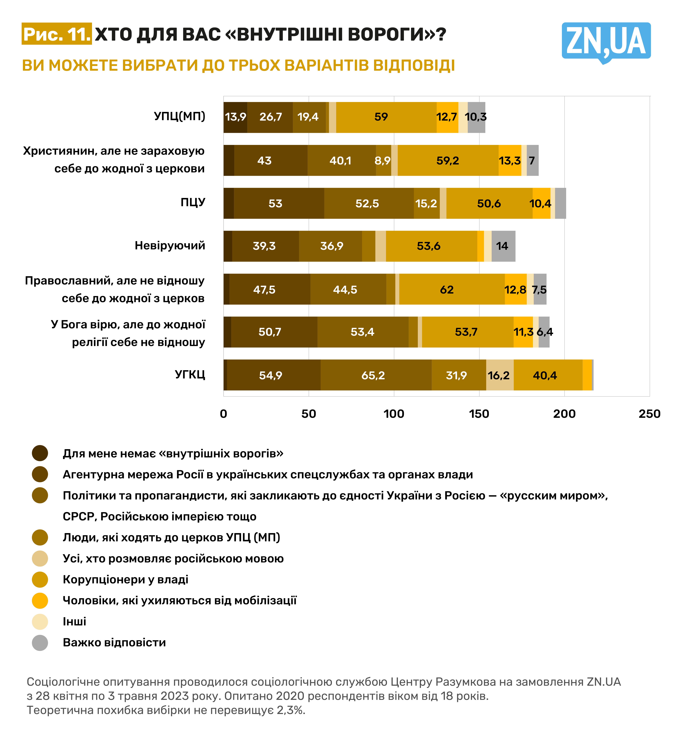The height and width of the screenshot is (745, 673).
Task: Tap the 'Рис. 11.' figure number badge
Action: click(x=57, y=34)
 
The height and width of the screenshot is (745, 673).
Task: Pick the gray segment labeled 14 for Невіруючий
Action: click(x=503, y=246)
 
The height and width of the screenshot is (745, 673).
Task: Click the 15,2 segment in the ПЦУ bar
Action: click(x=426, y=203)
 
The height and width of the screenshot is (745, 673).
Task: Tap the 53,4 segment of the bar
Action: click(x=363, y=332)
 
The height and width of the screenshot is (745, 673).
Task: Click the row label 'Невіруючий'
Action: click(x=170, y=245)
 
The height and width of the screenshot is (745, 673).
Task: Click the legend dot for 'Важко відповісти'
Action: click(x=40, y=643)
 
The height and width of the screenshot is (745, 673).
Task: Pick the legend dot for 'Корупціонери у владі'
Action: click(x=40, y=579)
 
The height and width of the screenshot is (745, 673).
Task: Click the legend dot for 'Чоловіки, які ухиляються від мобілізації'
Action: click(x=40, y=601)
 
